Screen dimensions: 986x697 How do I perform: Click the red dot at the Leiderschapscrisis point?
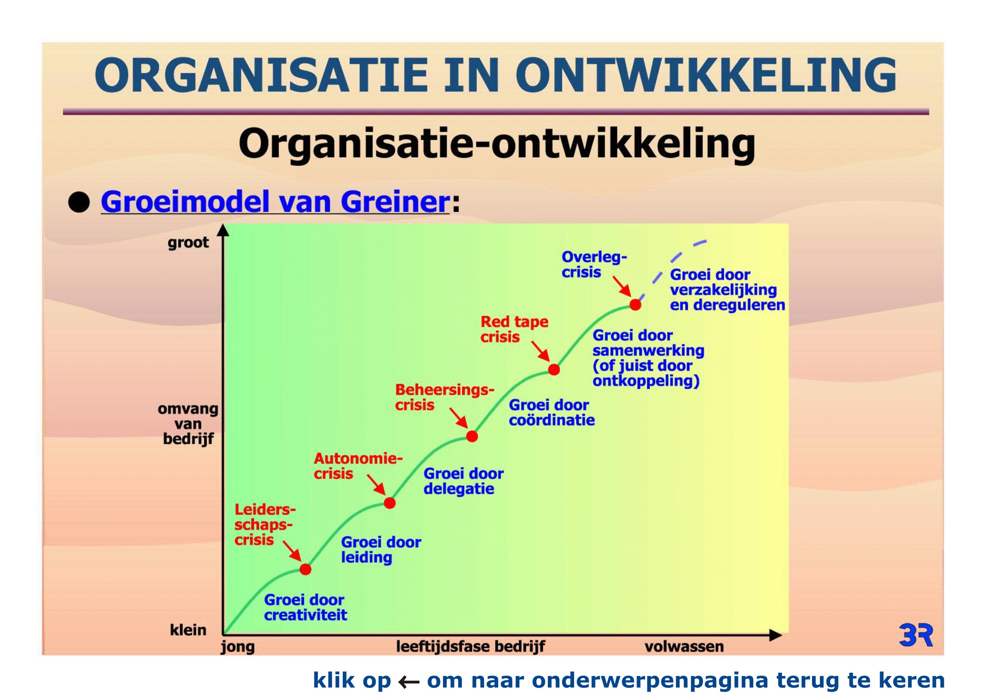click(305, 569)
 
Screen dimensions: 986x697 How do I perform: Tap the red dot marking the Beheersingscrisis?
click(472, 436)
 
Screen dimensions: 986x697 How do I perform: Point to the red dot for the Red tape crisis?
click(554, 369)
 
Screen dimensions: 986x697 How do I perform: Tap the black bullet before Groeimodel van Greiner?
click(79, 202)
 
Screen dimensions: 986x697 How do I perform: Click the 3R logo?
click(916, 635)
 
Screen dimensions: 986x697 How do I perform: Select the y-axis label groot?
click(188, 243)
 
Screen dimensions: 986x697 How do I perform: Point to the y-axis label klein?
click(188, 630)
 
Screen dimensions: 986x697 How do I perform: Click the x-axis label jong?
click(237, 647)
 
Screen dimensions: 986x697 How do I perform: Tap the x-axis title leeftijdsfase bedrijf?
click(470, 646)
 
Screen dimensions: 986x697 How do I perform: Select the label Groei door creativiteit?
click(305, 607)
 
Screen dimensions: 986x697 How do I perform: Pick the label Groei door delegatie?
click(463, 481)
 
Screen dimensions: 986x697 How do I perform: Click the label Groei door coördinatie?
click(552, 412)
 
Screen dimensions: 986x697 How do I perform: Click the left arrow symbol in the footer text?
click(409, 681)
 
